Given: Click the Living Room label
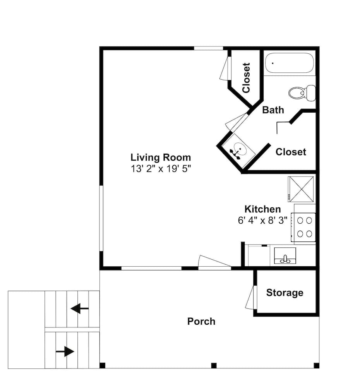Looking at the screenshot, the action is pos(161,157).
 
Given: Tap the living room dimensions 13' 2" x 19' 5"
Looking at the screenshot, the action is pos(161,169).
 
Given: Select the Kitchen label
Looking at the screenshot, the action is pos(262,209).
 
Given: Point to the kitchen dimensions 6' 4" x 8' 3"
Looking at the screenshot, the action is pos(262,220).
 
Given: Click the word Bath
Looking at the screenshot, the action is pos(273,110).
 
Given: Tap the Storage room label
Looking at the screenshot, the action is pos(285,293).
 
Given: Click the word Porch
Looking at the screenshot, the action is pos(201,321).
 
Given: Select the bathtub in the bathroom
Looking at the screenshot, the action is pos(290,63).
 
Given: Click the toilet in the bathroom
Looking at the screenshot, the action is pos(302,93).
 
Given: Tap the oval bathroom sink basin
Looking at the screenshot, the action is pos(240,149).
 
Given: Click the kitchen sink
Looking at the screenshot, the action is pos(285,255).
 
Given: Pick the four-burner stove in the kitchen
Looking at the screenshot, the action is pos(303,227).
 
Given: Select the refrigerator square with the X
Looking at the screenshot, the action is pos(301,189).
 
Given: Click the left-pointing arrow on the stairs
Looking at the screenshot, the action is pos(79,308).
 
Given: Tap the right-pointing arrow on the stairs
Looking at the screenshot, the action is pos(65,351).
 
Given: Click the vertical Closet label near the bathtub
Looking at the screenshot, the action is pos(246,78).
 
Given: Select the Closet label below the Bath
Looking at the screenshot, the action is pos(291,152).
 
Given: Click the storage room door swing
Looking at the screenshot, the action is pos(250,297).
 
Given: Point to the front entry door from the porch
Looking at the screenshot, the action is pos(214,261).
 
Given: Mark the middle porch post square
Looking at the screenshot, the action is pos(214,366).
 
